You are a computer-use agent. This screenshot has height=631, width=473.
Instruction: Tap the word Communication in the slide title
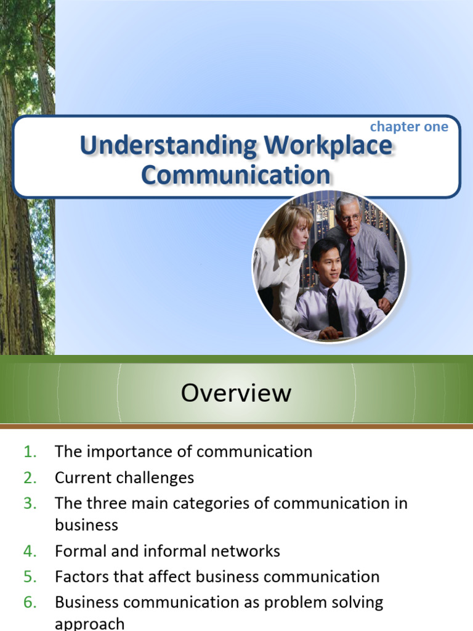click(x=235, y=174)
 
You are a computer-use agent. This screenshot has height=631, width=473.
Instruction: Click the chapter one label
click(x=408, y=126)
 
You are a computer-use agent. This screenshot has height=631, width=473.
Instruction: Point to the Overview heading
click(x=236, y=393)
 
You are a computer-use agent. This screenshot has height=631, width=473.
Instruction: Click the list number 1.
click(x=30, y=452)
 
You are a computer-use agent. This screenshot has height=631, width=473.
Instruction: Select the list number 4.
click(x=30, y=551)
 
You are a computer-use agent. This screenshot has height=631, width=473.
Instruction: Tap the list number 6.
click(x=30, y=602)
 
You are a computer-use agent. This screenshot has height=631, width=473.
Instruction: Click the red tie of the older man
click(x=353, y=259)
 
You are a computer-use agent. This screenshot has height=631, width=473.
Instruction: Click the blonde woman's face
click(x=299, y=235)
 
